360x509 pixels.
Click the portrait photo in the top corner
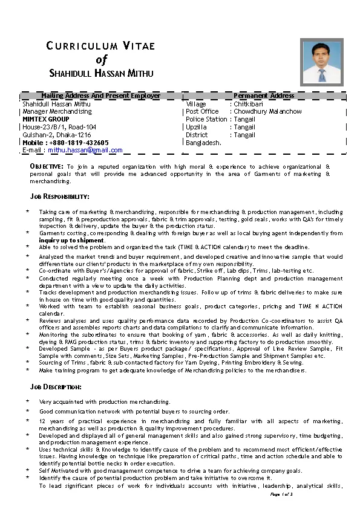pos(322,63)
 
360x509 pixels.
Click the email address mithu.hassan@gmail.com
pos(85,150)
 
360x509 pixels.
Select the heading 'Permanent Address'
pos(264,96)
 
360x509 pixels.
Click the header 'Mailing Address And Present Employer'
pos(100,96)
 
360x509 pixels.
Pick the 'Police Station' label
pos(206,119)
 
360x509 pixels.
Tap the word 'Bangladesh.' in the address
pos(204,143)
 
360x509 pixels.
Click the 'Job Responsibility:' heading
pos(60,196)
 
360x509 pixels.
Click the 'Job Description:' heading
pos(56,386)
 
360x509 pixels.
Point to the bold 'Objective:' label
pos(47,166)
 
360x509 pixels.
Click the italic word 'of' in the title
pos(101,59)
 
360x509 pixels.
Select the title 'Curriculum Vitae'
pos(101,46)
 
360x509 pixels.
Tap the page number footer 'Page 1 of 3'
pos(282,494)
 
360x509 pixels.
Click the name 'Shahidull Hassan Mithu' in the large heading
pos(101,74)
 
